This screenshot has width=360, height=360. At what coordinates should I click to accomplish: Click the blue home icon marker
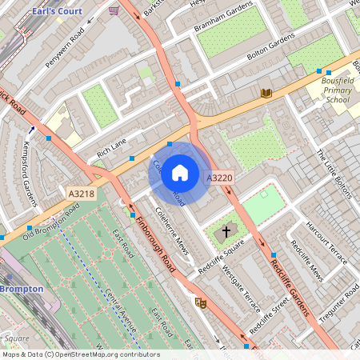[180, 172]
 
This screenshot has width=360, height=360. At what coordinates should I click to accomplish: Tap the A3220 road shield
[219, 178]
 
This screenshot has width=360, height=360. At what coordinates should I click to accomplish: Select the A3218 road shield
[82, 194]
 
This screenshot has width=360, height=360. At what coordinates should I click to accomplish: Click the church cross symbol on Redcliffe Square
[226, 232]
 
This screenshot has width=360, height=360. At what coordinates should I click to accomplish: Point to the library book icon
[266, 94]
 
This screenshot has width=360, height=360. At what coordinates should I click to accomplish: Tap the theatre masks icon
[201, 302]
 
